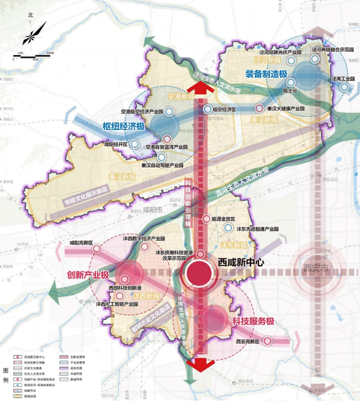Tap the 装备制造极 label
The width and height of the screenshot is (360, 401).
(266, 74)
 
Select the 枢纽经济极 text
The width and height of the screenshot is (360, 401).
(124, 127)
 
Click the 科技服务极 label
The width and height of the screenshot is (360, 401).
(253, 321)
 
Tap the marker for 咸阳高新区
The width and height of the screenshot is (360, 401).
(97, 249)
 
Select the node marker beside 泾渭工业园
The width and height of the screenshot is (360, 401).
(345, 86)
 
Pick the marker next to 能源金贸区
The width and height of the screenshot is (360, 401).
(206, 219)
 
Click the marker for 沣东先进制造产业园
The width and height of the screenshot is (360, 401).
(228, 228)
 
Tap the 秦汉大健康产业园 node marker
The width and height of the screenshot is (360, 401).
(259, 109)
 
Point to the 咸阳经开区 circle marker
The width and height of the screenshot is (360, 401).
(135, 144)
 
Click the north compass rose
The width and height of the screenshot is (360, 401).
(31, 35)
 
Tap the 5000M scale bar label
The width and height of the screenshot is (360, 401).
(50, 54)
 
